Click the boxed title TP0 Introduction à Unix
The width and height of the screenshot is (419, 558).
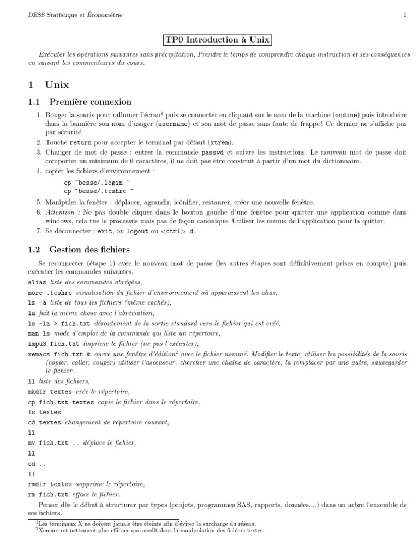(x=218, y=40)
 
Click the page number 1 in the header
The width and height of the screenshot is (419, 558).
(x=405, y=15)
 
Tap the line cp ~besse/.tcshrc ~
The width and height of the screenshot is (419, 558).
(x=99, y=191)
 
